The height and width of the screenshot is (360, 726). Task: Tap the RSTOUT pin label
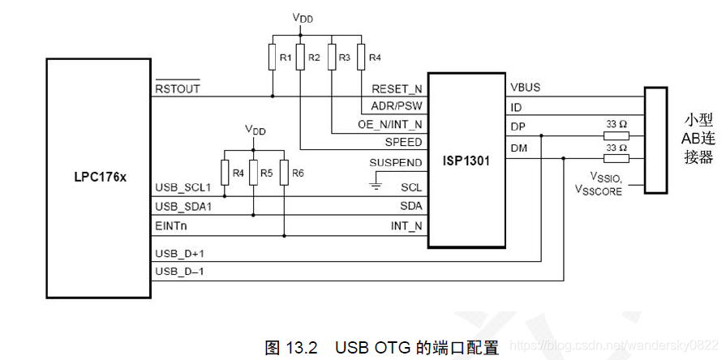(x=177, y=88)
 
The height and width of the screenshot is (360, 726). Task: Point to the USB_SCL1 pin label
(x=182, y=187)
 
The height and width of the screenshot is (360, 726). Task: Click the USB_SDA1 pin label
(x=183, y=207)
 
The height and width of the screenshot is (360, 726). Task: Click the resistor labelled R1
(x=273, y=58)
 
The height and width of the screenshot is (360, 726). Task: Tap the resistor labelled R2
(x=300, y=58)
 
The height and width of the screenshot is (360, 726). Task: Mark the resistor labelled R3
(x=332, y=58)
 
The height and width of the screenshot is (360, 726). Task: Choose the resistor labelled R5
(x=254, y=172)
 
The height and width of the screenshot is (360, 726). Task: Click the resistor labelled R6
(x=284, y=172)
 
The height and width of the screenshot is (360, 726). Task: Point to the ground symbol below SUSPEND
(x=374, y=186)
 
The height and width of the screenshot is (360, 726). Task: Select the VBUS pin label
(x=526, y=87)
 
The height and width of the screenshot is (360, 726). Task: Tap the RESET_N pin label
(x=397, y=88)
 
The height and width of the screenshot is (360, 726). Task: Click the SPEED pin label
(x=403, y=142)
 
